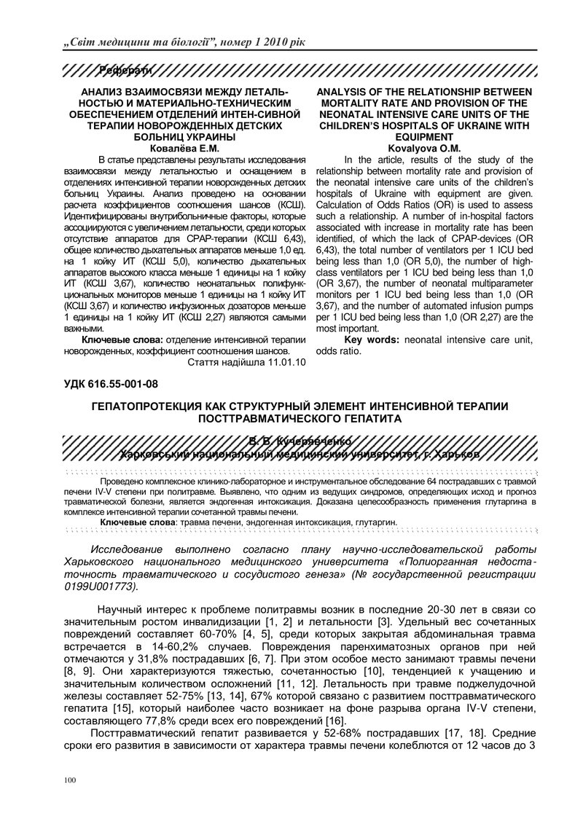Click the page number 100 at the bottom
point(70,781)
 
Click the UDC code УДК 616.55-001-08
point(111,382)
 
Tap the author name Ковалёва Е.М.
point(185,147)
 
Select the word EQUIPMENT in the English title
point(426,136)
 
